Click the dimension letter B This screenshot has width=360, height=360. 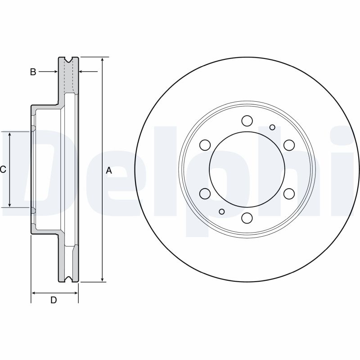coord(33,72)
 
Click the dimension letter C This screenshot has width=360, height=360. coord(3,170)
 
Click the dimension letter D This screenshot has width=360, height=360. coord(54,300)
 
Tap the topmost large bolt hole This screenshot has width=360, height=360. coord(247,121)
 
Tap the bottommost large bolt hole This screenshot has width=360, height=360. coord(247,218)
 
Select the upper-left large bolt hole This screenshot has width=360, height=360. coord(205,145)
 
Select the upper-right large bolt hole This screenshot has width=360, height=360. coord(288,145)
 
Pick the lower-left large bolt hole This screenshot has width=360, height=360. coord(205,193)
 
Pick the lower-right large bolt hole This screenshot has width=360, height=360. coord(288,193)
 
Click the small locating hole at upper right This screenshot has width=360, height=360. coord(272,127)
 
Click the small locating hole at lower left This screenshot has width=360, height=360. coord(221,211)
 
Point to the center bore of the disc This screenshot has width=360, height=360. coord(247,169)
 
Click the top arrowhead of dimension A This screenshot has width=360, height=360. coord(103,60)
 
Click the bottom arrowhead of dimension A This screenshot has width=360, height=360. coord(103,279)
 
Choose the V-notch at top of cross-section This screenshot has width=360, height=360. coord(69,59)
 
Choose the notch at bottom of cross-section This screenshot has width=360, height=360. coord(69,280)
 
